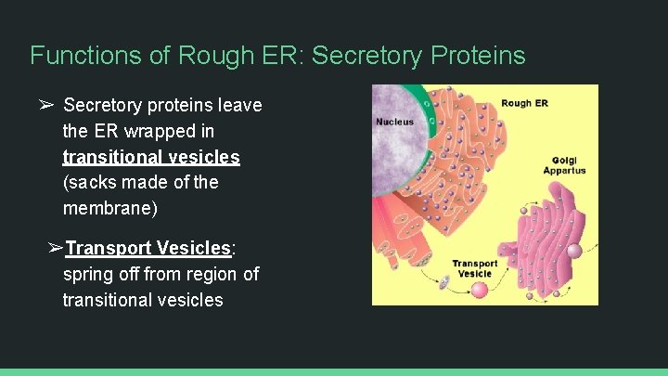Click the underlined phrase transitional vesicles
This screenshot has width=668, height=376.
click(x=151, y=157)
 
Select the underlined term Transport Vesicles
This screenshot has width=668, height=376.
click(x=148, y=249)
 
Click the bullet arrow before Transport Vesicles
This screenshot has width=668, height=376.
click(x=55, y=249)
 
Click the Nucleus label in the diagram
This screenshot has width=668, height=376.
click(x=394, y=122)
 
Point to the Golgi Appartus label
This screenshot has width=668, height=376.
click(x=565, y=164)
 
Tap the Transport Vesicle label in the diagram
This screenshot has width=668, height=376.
click(x=474, y=268)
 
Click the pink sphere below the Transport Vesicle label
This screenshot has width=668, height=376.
click(x=480, y=290)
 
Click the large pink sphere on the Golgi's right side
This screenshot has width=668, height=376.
click(x=574, y=251)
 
